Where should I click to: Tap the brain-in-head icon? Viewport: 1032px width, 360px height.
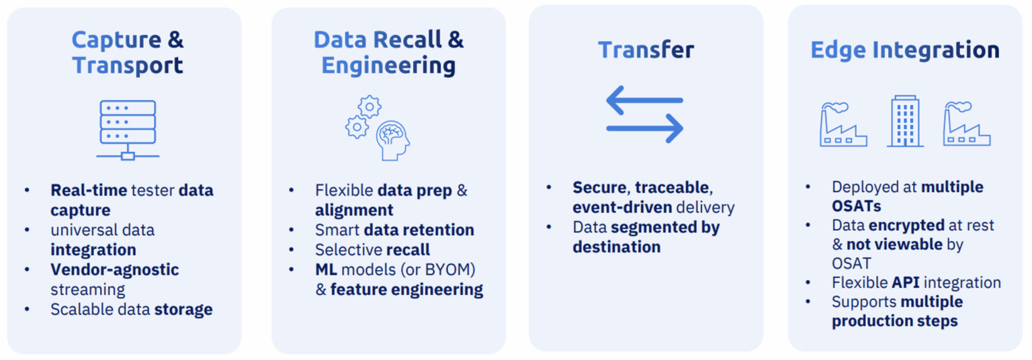pyautogui.click(x=392, y=140)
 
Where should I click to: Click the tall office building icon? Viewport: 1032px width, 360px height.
pyautogui.click(x=905, y=121)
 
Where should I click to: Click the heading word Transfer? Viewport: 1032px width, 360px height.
pyautogui.click(x=646, y=50)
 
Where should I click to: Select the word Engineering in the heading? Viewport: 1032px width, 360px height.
pyautogui.click(x=388, y=66)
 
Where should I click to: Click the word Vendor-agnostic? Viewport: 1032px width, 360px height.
pyautogui.click(x=115, y=270)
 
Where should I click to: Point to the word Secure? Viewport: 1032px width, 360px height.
pyautogui.click(x=599, y=187)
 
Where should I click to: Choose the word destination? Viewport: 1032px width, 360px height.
pyautogui.click(x=616, y=247)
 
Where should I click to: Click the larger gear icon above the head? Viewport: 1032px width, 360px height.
pyautogui.click(x=370, y=106)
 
